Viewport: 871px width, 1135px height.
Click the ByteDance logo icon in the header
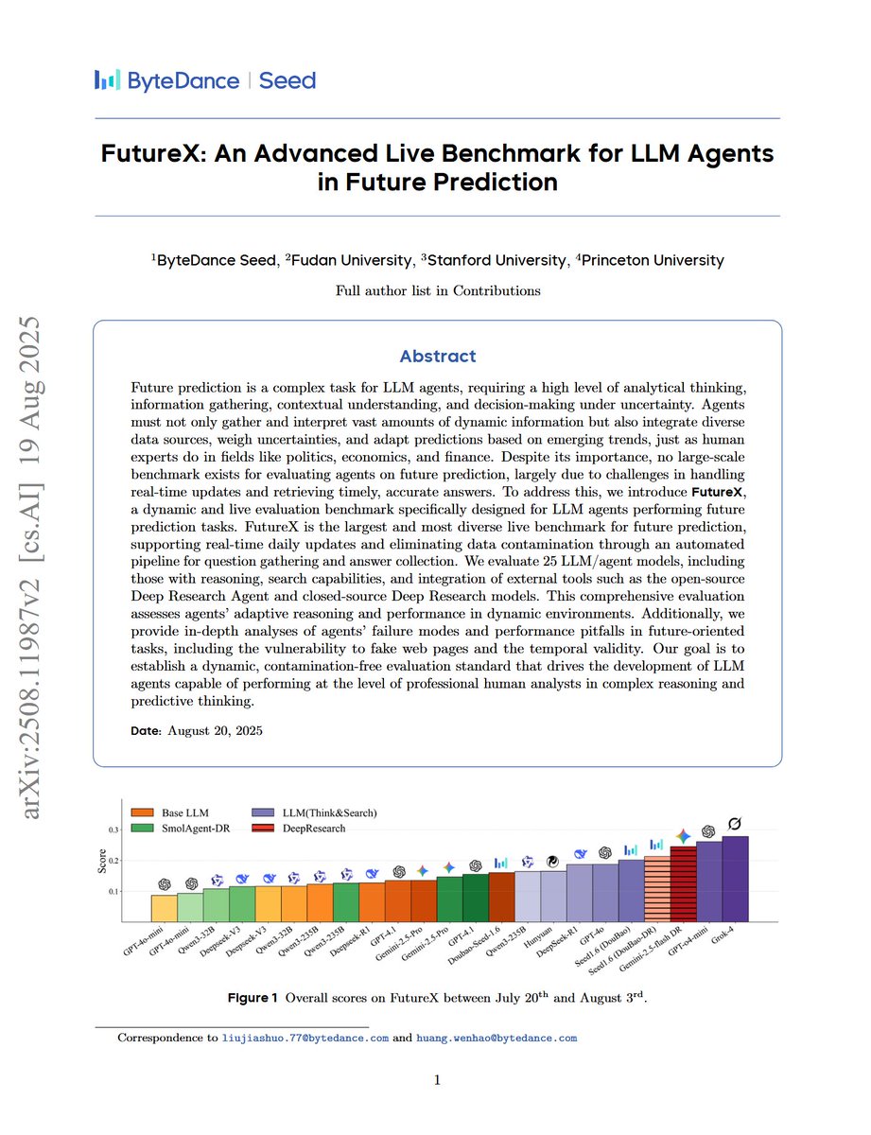108,80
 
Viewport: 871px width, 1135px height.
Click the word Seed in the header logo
287,80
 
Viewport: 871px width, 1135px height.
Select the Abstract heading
437,357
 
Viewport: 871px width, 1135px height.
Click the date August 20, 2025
216,730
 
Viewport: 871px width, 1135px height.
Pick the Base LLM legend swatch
143,812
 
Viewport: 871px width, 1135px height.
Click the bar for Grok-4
735,879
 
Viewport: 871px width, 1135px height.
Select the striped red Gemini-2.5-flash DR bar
683,884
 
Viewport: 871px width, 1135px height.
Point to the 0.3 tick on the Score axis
113,829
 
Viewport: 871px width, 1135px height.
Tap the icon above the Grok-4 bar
735,825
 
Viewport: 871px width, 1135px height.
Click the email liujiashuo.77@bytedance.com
305,1038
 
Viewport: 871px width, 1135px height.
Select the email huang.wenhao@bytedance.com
496,1038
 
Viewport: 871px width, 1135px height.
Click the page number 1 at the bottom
436,1081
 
